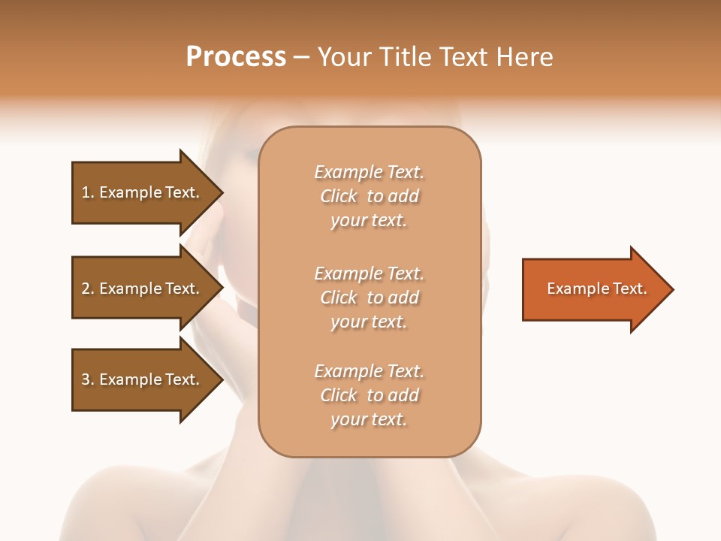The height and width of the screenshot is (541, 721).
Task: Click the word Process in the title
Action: pyautogui.click(x=236, y=57)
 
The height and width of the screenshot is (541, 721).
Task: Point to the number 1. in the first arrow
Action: pyautogui.click(x=88, y=192)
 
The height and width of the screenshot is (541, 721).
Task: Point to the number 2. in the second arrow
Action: pyautogui.click(x=88, y=289)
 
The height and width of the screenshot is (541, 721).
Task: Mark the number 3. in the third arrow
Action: pyautogui.click(x=88, y=379)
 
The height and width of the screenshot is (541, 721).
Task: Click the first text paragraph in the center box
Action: pyautogui.click(x=370, y=196)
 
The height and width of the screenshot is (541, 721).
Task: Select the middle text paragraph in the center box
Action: pyautogui.click(x=370, y=298)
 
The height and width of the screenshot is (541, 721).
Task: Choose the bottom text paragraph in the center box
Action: pyautogui.click(x=370, y=395)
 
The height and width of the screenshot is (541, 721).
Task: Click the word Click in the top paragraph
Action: pyautogui.click(x=339, y=196)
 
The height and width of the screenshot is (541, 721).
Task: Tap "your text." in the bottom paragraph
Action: pyautogui.click(x=369, y=419)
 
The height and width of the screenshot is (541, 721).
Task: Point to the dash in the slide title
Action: pyautogui.click(x=302, y=57)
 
